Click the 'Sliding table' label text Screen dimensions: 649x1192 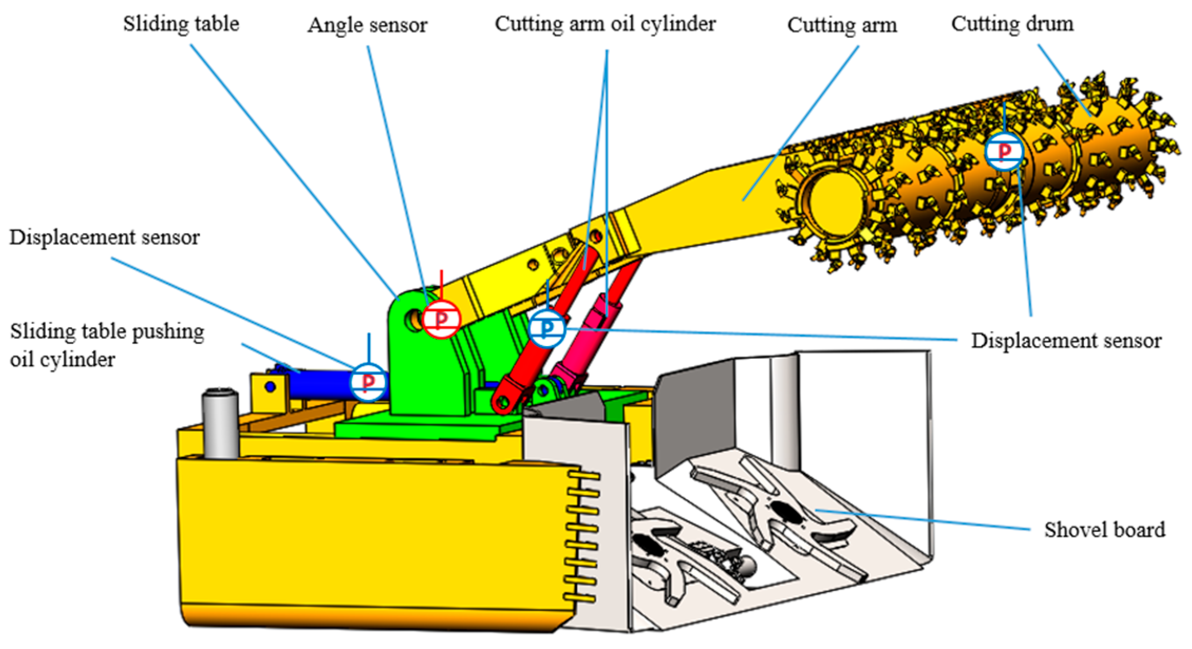tap(181, 24)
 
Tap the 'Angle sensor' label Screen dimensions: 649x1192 tap(368, 25)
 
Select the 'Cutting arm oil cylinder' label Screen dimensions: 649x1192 tap(605, 24)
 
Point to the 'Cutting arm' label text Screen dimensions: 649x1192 tap(842, 25)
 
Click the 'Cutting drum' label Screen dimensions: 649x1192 tap(1012, 24)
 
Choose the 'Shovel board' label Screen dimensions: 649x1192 tap(1104, 530)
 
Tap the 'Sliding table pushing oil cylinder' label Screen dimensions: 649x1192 tap(107, 346)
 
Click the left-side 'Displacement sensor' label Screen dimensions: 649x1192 tap(105, 237)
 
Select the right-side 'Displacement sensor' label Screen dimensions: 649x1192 tap(1066, 341)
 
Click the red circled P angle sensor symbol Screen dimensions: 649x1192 tap(442, 319)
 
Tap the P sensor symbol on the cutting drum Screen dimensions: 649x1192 tap(1004, 151)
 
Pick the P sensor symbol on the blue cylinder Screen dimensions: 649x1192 tap(368, 381)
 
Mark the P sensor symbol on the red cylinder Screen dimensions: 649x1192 tap(547, 328)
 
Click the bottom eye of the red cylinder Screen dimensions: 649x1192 tap(503, 403)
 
